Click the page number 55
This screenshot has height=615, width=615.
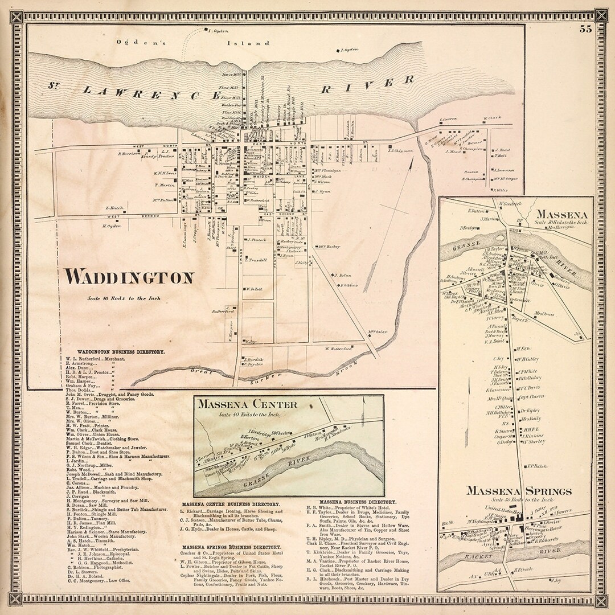point(585,30)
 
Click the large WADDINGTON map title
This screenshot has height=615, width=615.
point(129,278)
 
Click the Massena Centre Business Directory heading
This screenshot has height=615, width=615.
point(231,505)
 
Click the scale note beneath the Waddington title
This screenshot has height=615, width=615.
point(124,298)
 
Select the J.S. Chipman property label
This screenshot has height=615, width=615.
point(399,151)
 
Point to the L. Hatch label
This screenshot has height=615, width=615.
point(115,208)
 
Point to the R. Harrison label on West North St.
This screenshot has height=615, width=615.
point(129,153)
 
